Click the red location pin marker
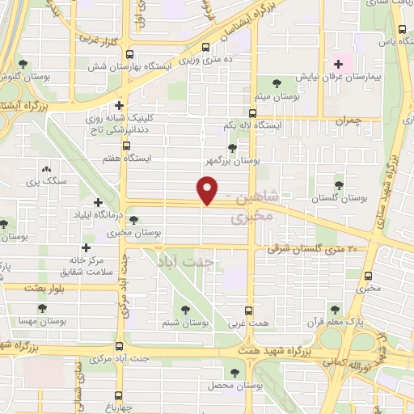click(208, 191)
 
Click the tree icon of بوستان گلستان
click(339, 184)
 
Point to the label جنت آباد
click(187, 263)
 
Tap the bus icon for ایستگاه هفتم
click(125, 146)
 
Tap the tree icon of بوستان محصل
click(234, 373)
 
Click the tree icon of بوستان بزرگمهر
click(233, 148)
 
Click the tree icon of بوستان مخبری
click(133, 219)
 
